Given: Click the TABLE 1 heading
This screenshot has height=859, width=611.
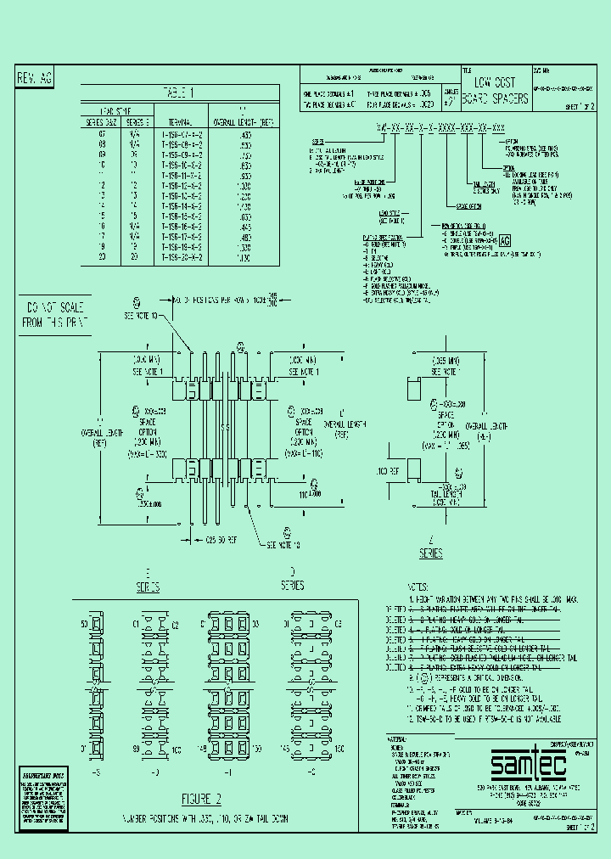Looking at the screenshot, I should click(179, 93).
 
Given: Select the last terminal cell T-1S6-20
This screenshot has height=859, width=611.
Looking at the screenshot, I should click(180, 256).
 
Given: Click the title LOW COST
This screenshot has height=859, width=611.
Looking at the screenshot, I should click(496, 82).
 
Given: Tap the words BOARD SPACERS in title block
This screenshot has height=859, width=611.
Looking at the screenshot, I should click(501, 98).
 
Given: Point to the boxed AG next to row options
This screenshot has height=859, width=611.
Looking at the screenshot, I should click(505, 240).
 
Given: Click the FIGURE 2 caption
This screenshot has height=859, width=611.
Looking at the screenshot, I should click(200, 799).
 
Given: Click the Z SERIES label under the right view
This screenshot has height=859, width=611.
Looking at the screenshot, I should click(431, 548).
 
